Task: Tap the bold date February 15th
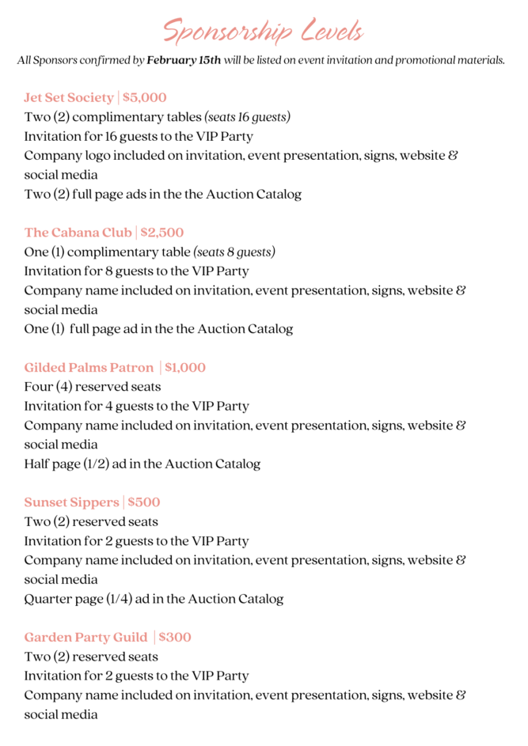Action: point(184,60)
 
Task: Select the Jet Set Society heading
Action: point(69,98)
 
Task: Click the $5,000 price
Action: point(145,98)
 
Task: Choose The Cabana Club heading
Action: point(78,233)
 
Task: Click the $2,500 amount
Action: point(161,233)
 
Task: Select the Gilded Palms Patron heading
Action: point(89,368)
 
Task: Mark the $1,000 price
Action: point(185,368)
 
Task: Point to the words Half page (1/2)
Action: point(66,464)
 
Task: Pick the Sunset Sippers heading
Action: point(71,502)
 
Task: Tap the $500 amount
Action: point(144,502)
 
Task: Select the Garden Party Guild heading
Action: point(85,638)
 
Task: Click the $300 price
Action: point(175,638)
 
